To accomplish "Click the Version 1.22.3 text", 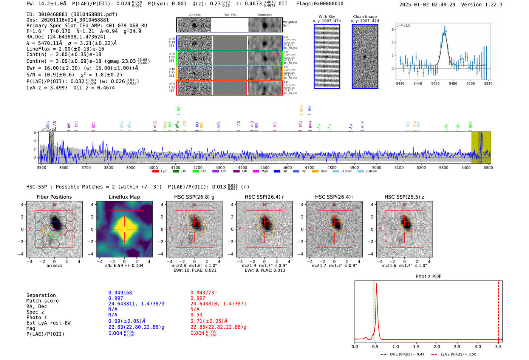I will pos(487,5).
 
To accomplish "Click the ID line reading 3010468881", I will pos(72,14).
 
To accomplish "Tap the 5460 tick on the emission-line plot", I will pos(435,83).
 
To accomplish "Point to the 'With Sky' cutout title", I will pos(327,17).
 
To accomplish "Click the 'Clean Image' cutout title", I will pos(365,17).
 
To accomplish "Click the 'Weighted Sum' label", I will pos(290,24).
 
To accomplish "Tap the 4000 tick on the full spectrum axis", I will pos(153,167).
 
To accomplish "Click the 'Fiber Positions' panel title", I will pos(54,197).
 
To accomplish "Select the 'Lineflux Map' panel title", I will pos(124,197).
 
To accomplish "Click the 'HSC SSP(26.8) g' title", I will pos(194,197).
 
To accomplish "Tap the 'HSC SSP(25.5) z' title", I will pos(404,197).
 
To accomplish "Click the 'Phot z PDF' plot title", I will pos(428,277).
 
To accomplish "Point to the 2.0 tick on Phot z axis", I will pos(437,346).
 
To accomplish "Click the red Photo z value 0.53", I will pos(196,315).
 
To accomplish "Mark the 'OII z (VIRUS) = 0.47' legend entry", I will pos(403,354).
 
